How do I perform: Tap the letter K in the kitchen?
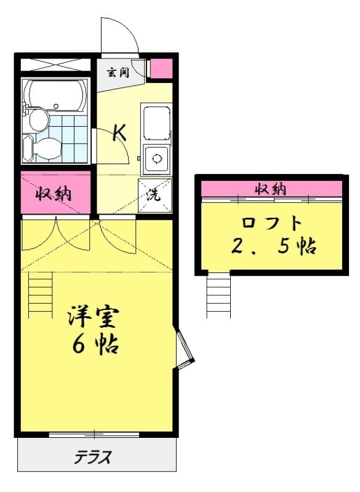pyautogui.click(x=119, y=132)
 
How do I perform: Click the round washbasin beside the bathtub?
pyautogui.click(x=38, y=119)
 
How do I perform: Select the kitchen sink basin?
pyautogui.click(x=156, y=122)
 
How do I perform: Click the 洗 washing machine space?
pyautogui.click(x=154, y=196)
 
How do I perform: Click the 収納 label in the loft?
pyautogui.click(x=271, y=188)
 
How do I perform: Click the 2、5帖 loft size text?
pyautogui.click(x=273, y=246)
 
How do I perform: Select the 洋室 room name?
pyautogui.click(x=94, y=318)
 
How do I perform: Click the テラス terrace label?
pyautogui.click(x=94, y=457)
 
